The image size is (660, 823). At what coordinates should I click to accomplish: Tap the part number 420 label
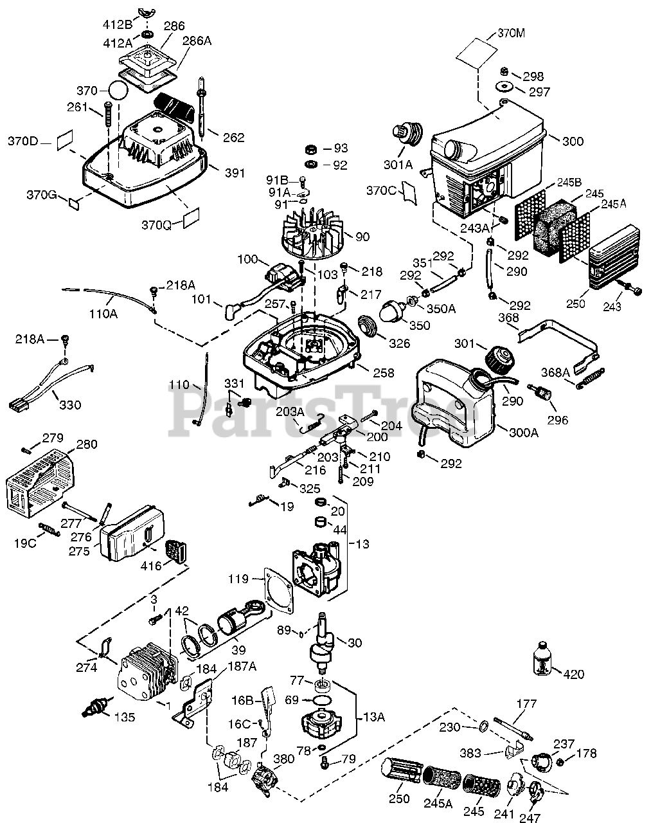coord(574,674)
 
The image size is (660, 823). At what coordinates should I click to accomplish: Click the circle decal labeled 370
coord(118,91)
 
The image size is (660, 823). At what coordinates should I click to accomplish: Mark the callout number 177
coord(526,704)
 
